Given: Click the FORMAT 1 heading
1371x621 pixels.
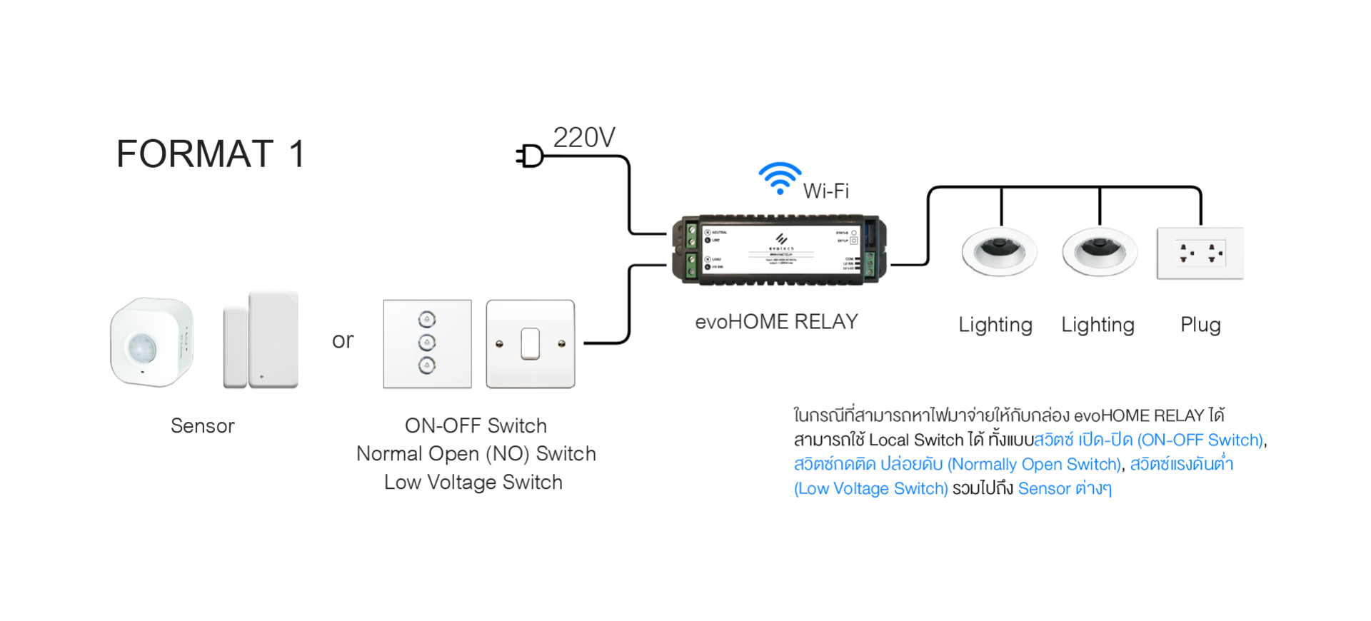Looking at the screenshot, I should pyautogui.click(x=211, y=154).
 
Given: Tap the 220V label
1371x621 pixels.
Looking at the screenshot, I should pyautogui.click(x=583, y=137).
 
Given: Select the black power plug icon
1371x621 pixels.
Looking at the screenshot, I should pyautogui.click(x=530, y=156).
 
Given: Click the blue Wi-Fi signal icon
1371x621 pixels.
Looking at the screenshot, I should pyautogui.click(x=780, y=178).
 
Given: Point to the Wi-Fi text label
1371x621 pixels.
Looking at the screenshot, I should pyautogui.click(x=825, y=191).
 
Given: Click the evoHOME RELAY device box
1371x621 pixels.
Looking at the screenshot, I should pyautogui.click(x=779, y=250).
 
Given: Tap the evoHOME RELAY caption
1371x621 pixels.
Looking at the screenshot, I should pyautogui.click(x=776, y=322).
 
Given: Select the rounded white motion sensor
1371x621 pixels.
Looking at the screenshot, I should pyautogui.click(x=151, y=342).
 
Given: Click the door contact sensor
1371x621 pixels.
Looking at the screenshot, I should pyautogui.click(x=261, y=340).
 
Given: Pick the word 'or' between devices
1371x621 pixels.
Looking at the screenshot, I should pyautogui.click(x=343, y=340).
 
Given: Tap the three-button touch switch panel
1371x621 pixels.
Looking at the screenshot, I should pyautogui.click(x=427, y=343).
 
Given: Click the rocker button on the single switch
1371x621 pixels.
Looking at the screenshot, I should pyautogui.click(x=530, y=343).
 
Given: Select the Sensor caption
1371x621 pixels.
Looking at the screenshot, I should pyautogui.click(x=202, y=426).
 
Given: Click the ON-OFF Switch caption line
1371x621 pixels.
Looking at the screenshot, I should pyautogui.click(x=476, y=426).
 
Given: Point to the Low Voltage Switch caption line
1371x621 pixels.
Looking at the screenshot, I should pyautogui.click(x=473, y=483).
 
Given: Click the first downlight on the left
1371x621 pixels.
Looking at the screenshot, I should pyautogui.click(x=998, y=252).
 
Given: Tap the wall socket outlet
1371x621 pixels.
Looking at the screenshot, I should pyautogui.click(x=1200, y=253).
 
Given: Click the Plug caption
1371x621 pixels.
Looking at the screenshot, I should pyautogui.click(x=1200, y=325).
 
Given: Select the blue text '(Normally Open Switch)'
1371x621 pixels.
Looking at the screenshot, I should pyautogui.click(x=1034, y=465).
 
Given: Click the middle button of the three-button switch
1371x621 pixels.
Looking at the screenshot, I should pyautogui.click(x=427, y=342).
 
